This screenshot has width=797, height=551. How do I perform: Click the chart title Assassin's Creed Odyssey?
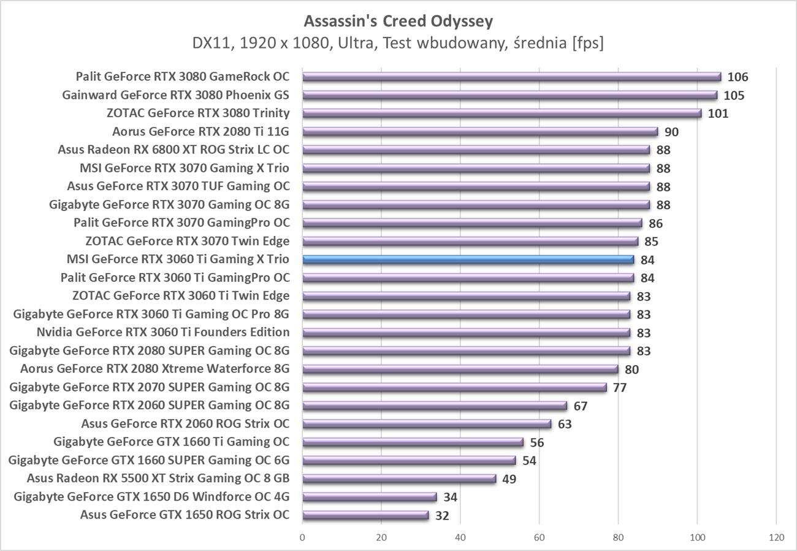[x=398, y=21]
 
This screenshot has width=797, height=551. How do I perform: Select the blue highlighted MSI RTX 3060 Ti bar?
[x=468, y=260]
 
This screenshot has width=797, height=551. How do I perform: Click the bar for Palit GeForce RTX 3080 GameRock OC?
[x=511, y=77]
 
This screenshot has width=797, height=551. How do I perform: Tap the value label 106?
[x=738, y=77]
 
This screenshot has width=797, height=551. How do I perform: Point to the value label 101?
[x=717, y=114]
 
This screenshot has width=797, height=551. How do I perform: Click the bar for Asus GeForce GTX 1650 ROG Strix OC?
[x=365, y=515]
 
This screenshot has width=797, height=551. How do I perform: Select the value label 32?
[x=442, y=515]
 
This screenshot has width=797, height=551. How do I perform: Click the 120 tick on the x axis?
[x=776, y=538]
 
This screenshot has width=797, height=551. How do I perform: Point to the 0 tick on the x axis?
[x=303, y=538]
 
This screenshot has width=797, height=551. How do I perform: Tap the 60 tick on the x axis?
[x=540, y=538]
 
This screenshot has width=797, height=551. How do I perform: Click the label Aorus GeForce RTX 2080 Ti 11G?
[x=200, y=131]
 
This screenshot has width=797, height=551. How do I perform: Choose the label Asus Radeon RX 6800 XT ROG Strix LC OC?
[x=174, y=150]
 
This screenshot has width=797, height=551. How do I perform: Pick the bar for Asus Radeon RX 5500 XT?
[x=399, y=479]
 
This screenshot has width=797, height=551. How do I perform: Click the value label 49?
[x=509, y=479]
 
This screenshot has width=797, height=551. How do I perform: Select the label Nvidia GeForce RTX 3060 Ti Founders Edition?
[x=163, y=333]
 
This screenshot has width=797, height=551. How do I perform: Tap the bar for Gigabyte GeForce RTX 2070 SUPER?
[x=454, y=387]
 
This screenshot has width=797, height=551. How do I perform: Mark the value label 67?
[x=580, y=406]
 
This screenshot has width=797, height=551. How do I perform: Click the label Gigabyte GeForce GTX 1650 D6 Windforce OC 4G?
[x=151, y=496]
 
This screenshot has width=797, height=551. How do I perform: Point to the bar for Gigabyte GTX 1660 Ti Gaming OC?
[x=413, y=442]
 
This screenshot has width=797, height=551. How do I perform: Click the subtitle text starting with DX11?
[x=398, y=43]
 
